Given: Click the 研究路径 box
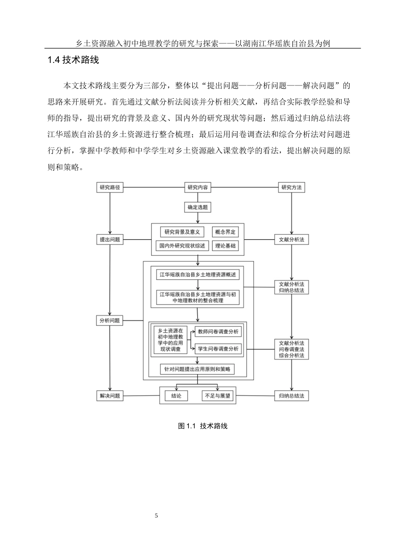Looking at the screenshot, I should (110, 187).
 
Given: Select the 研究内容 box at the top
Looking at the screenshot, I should (198, 187).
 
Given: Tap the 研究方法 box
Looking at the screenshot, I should (291, 187).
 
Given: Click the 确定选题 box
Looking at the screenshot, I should (198, 207).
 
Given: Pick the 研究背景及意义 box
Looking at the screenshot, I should (183, 232).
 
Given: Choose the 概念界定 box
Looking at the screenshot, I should (226, 232).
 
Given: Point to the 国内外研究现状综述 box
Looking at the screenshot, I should (183, 246).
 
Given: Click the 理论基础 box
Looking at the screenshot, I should (226, 246).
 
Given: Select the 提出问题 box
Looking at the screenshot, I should (110, 240).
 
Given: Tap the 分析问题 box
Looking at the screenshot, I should (110, 320).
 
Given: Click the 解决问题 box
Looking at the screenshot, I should (110, 396).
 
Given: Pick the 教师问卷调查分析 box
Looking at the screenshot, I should (218, 332).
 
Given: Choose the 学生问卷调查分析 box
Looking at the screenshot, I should (218, 349).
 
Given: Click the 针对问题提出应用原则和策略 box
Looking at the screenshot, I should (198, 369).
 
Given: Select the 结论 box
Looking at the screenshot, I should (176, 396).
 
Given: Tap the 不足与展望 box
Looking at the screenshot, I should (218, 396).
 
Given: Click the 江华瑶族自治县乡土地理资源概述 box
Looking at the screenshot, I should (198, 275).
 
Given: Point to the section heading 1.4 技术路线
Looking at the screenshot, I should (73, 60).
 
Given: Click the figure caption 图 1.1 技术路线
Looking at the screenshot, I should (203, 426).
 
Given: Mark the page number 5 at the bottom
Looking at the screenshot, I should (156, 516).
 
